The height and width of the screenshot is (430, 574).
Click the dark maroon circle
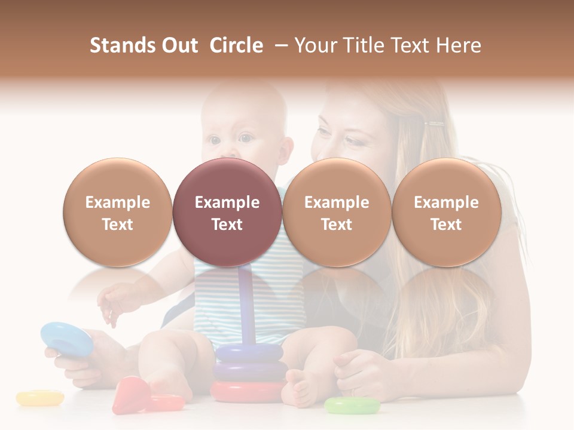tap(227, 213)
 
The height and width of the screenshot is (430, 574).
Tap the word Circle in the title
tap(236, 45)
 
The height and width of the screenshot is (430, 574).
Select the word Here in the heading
tap(458, 45)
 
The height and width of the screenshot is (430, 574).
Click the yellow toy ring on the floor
tap(39, 398)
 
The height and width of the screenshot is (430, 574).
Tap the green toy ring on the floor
tap(352, 406)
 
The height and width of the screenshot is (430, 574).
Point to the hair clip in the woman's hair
tap(434, 124)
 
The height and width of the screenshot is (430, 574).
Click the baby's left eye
tap(246, 139)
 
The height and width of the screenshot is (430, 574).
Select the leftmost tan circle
tap(118, 213)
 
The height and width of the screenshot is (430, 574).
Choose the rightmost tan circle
tap(446, 213)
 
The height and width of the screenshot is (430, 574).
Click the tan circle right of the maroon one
tap(337, 213)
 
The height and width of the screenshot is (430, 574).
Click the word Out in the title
tap(179, 45)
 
